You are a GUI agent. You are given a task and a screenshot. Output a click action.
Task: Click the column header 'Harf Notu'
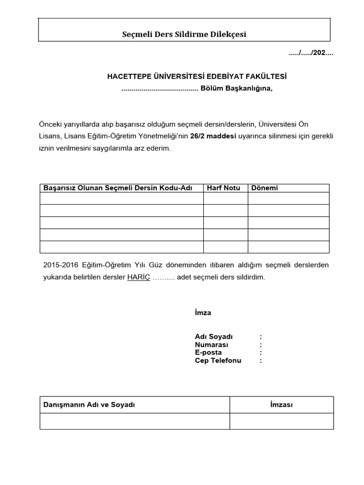tap(223, 188)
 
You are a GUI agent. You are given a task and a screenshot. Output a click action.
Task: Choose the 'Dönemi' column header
tap(264, 188)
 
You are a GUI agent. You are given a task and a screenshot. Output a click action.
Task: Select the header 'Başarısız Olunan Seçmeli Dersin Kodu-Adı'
tap(118, 188)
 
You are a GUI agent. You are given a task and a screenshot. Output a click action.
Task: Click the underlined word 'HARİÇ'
tap(138, 278)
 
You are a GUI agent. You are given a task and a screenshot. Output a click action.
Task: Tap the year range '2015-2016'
tap(58, 265)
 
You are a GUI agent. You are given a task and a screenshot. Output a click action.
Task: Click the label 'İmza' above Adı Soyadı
tap(203, 313)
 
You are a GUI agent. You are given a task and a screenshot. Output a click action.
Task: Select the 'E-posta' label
tap(208, 352)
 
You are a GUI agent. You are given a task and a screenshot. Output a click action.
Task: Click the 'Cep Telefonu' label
tap(218, 360)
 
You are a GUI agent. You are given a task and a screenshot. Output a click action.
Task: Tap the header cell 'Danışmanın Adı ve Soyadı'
tap(90, 405)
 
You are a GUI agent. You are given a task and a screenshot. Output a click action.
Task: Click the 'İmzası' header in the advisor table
tap(281, 405)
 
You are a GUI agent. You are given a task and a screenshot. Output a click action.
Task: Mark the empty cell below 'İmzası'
tap(282, 421)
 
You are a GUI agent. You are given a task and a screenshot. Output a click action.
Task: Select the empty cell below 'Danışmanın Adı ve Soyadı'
tap(135, 421)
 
